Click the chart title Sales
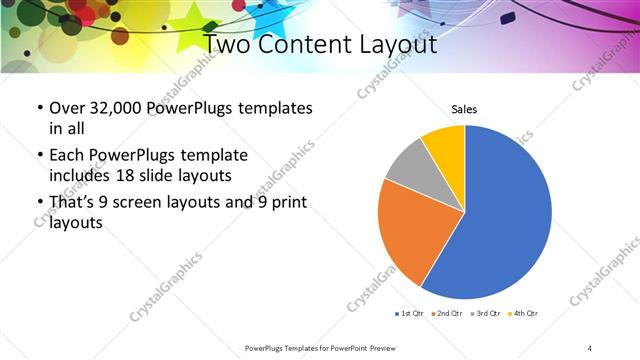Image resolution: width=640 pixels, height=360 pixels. point(465,109)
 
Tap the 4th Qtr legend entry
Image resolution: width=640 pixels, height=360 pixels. point(522,314)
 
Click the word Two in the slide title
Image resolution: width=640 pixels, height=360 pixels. point(228,44)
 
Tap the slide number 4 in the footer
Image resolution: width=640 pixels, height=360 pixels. point(590,347)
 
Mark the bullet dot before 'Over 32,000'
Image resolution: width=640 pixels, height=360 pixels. point(39,107)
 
